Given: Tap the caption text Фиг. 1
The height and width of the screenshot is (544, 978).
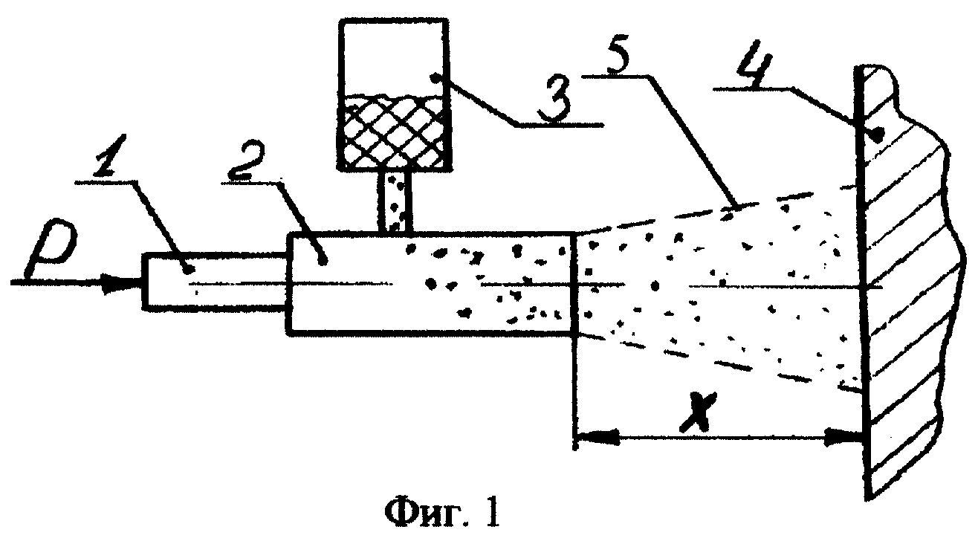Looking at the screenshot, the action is (x=442, y=512).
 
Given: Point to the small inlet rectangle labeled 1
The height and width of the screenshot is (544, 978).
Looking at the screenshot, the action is (x=216, y=282).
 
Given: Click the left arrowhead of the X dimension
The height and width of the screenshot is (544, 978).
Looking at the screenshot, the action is (x=598, y=437).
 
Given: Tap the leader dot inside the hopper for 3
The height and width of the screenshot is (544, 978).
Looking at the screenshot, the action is (x=435, y=78).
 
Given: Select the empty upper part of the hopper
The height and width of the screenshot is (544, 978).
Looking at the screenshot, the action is (x=394, y=57).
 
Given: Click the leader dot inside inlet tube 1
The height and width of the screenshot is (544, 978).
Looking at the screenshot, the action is (x=189, y=269).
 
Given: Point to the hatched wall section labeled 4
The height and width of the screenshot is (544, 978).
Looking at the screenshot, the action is (x=908, y=284).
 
